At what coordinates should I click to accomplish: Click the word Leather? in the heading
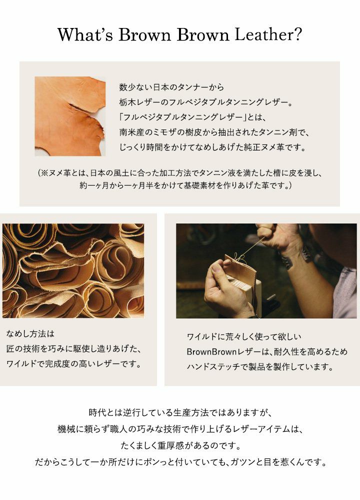[268, 35]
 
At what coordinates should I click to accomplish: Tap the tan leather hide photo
[70, 116]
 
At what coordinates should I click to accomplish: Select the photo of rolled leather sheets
[73, 270]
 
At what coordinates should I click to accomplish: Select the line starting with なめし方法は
[30, 334]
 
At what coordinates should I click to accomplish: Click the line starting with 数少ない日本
[171, 87]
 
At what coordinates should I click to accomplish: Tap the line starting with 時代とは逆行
[180, 412]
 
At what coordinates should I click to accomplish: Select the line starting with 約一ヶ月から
[185, 185]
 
